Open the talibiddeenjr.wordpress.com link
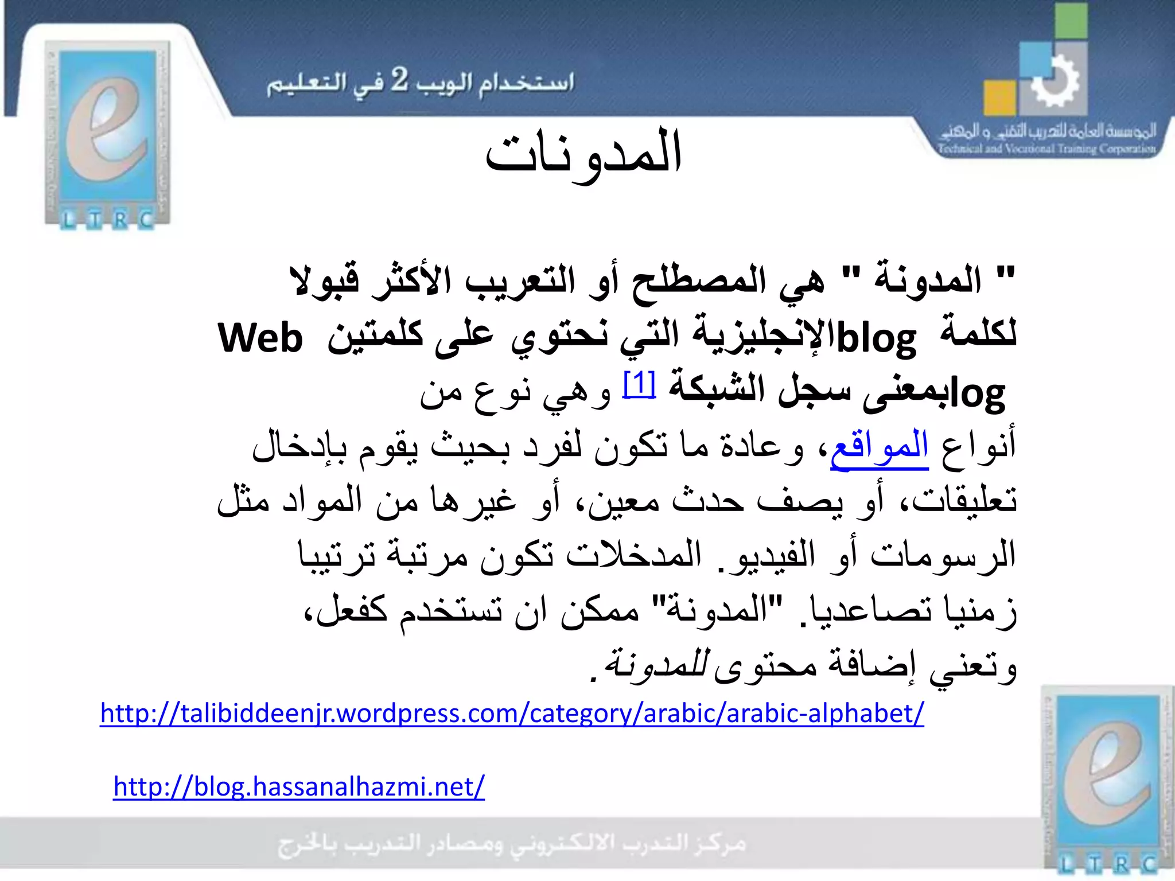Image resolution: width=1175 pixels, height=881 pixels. [512, 714]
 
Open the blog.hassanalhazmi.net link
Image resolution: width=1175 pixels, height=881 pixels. [299, 786]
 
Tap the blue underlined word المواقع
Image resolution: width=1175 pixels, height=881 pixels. [879, 447]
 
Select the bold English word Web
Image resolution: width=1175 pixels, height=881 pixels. [260, 338]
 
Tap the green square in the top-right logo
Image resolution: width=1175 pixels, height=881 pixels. [1071, 21]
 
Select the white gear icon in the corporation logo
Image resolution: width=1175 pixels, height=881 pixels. [1055, 82]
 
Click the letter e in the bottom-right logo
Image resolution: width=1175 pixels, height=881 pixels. [1107, 774]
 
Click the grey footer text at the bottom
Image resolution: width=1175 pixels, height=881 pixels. [512, 844]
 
